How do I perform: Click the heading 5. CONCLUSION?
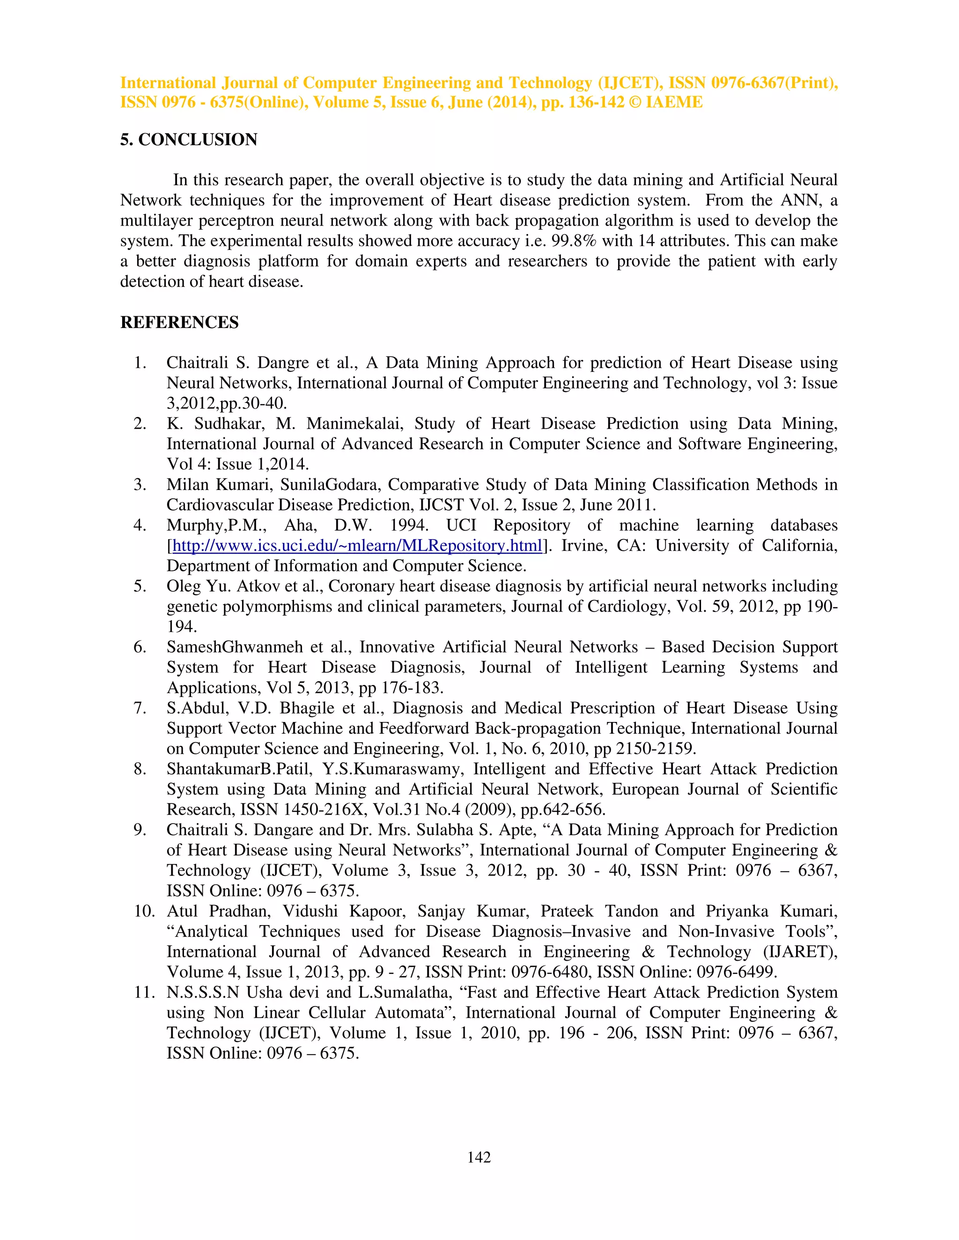[x=188, y=139]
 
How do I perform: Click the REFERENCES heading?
[x=179, y=322]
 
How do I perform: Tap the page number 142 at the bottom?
[x=479, y=1157]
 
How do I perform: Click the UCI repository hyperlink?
[x=357, y=546]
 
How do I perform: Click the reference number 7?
[x=140, y=708]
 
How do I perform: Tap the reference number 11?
[x=144, y=992]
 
